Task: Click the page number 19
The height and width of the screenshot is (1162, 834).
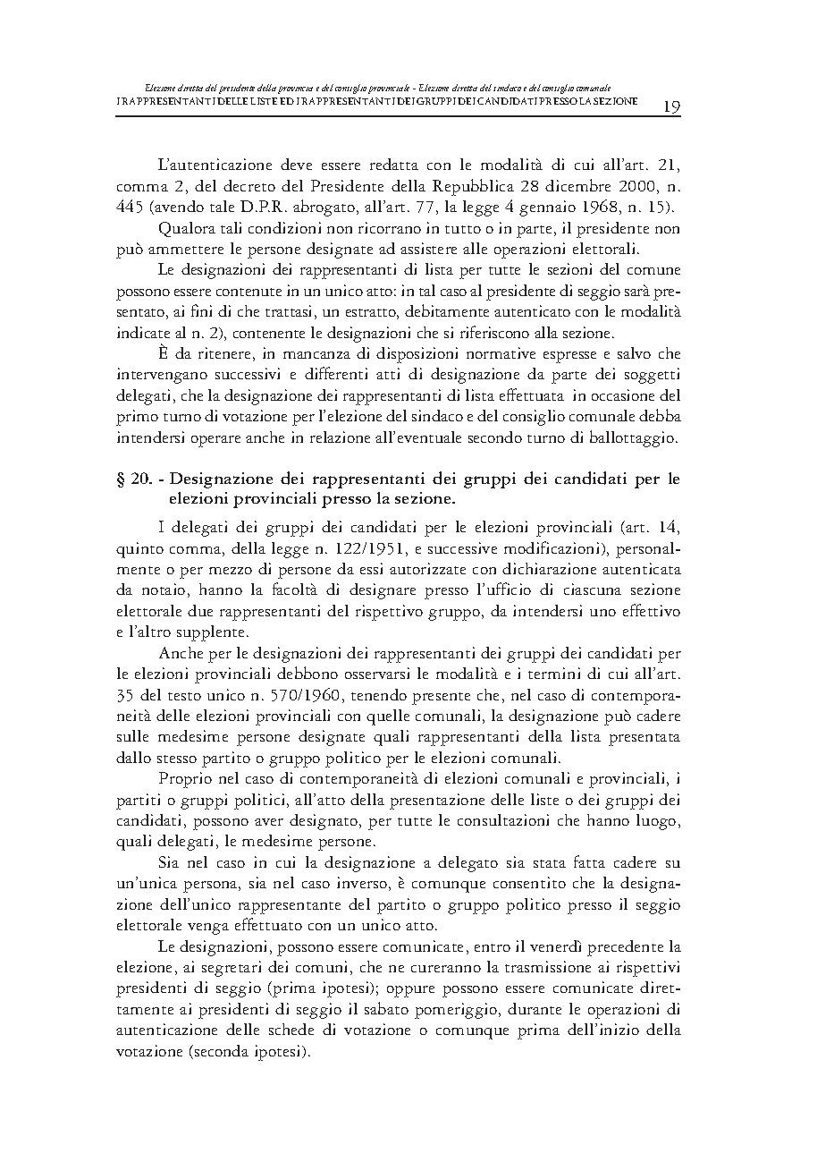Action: tap(671, 106)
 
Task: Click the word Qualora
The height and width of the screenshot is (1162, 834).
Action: tap(184, 228)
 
